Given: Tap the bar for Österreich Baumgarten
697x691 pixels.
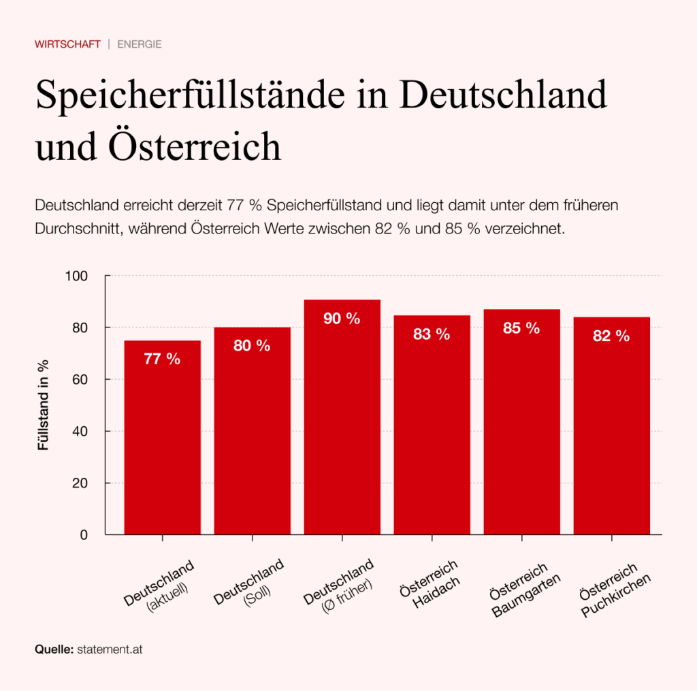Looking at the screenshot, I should (521, 422).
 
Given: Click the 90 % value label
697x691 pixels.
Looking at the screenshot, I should (342, 319).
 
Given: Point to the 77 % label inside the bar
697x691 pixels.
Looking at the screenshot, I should (162, 359).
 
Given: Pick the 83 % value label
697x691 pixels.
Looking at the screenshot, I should (432, 334).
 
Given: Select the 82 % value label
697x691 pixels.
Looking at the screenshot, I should (611, 336).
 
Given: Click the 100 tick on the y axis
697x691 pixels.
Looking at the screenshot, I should (78, 276).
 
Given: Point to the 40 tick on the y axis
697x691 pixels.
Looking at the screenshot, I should (81, 431).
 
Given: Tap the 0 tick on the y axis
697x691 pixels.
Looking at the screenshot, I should (84, 535).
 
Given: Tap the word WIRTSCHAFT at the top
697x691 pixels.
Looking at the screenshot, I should (67, 44).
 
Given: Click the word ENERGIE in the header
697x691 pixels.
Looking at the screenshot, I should (140, 44).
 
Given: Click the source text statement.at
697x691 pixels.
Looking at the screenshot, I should (110, 649).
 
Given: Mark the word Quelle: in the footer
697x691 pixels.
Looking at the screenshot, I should (54, 649).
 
